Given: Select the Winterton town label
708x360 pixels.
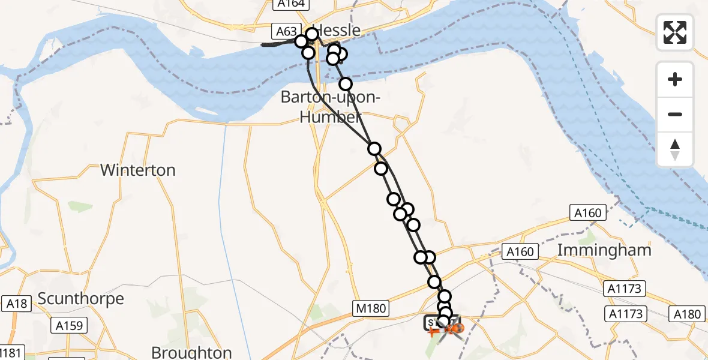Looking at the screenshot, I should [138, 170].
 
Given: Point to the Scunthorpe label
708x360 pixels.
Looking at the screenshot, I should [80, 298].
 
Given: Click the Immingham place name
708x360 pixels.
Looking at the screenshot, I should [604, 250].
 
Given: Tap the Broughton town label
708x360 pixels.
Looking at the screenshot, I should [191, 352].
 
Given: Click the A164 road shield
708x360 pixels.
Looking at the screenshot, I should [291, 4].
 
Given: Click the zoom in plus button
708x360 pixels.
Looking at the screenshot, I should [675, 79].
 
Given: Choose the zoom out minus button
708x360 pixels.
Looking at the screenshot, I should [675, 114].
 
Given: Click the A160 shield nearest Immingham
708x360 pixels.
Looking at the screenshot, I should [520, 251].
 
